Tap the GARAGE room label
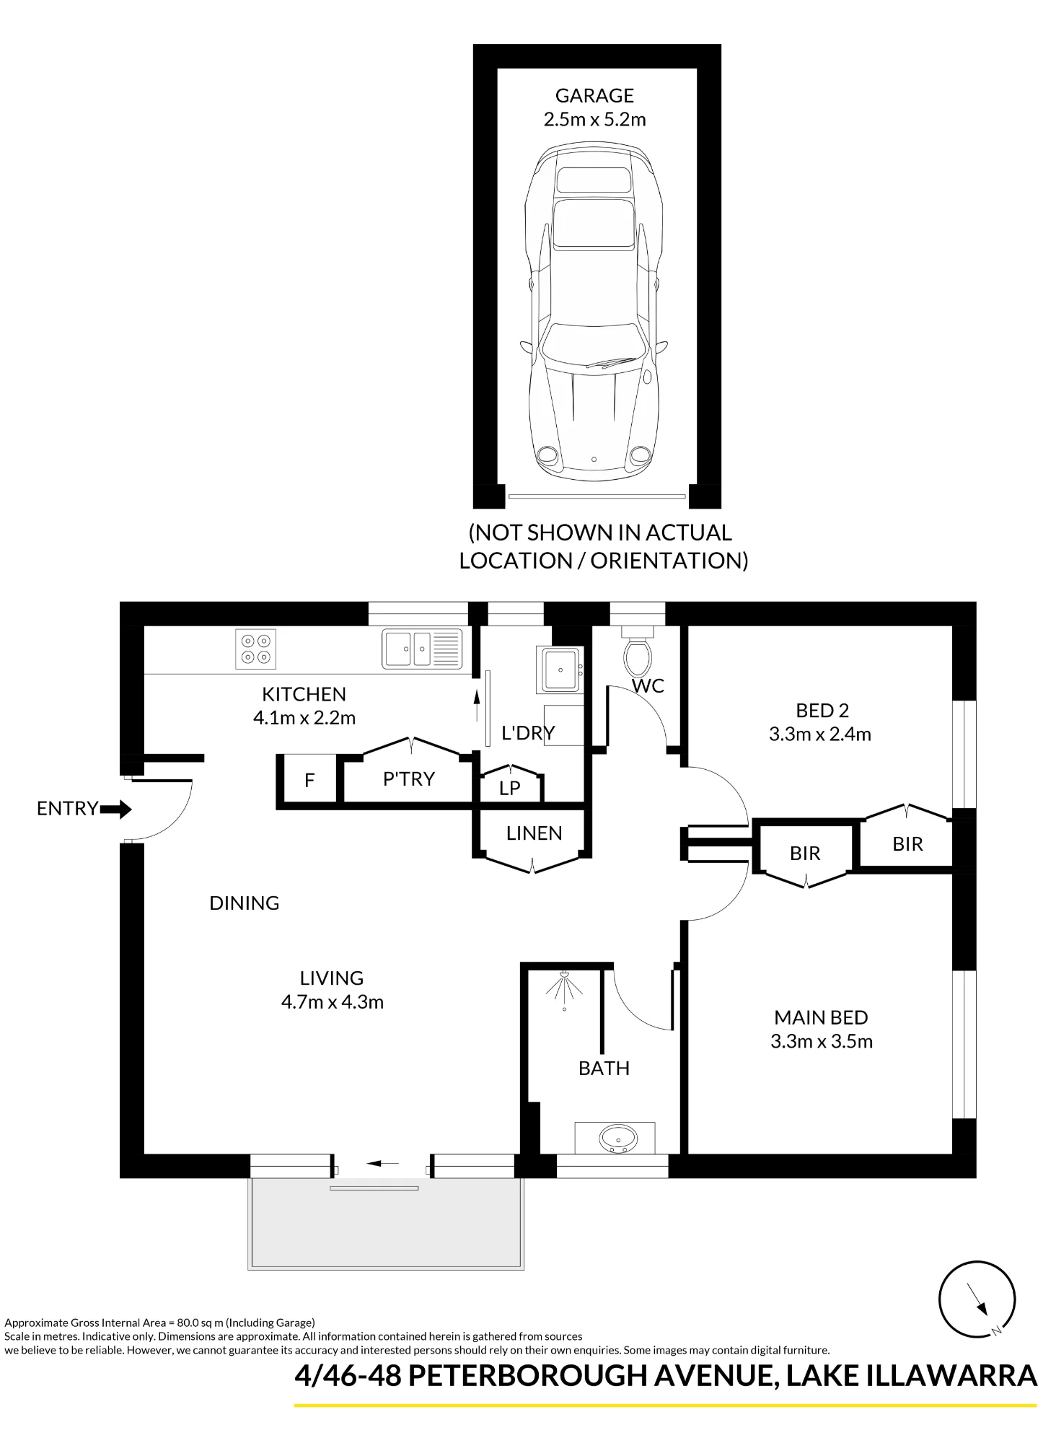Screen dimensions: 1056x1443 (594, 95)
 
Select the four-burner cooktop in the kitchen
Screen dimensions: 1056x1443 (256, 649)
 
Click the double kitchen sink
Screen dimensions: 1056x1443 (422, 649)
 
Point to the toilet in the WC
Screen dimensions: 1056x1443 (638, 652)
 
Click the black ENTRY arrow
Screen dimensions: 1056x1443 (116, 810)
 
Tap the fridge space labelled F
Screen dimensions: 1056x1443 (309, 780)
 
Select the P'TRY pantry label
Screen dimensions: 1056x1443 (409, 779)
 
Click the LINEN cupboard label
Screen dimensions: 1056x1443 (534, 833)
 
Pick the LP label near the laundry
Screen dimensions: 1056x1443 (510, 788)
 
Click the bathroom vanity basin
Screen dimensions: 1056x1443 (618, 1139)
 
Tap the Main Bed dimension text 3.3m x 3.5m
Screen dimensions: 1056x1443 (822, 1041)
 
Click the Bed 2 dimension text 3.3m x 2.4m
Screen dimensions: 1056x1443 (820, 734)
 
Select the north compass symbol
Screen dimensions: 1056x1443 (977, 1299)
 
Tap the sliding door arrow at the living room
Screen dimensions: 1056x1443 (383, 1163)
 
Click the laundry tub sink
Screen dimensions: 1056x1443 (560, 668)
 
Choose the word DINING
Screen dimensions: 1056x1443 (245, 903)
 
